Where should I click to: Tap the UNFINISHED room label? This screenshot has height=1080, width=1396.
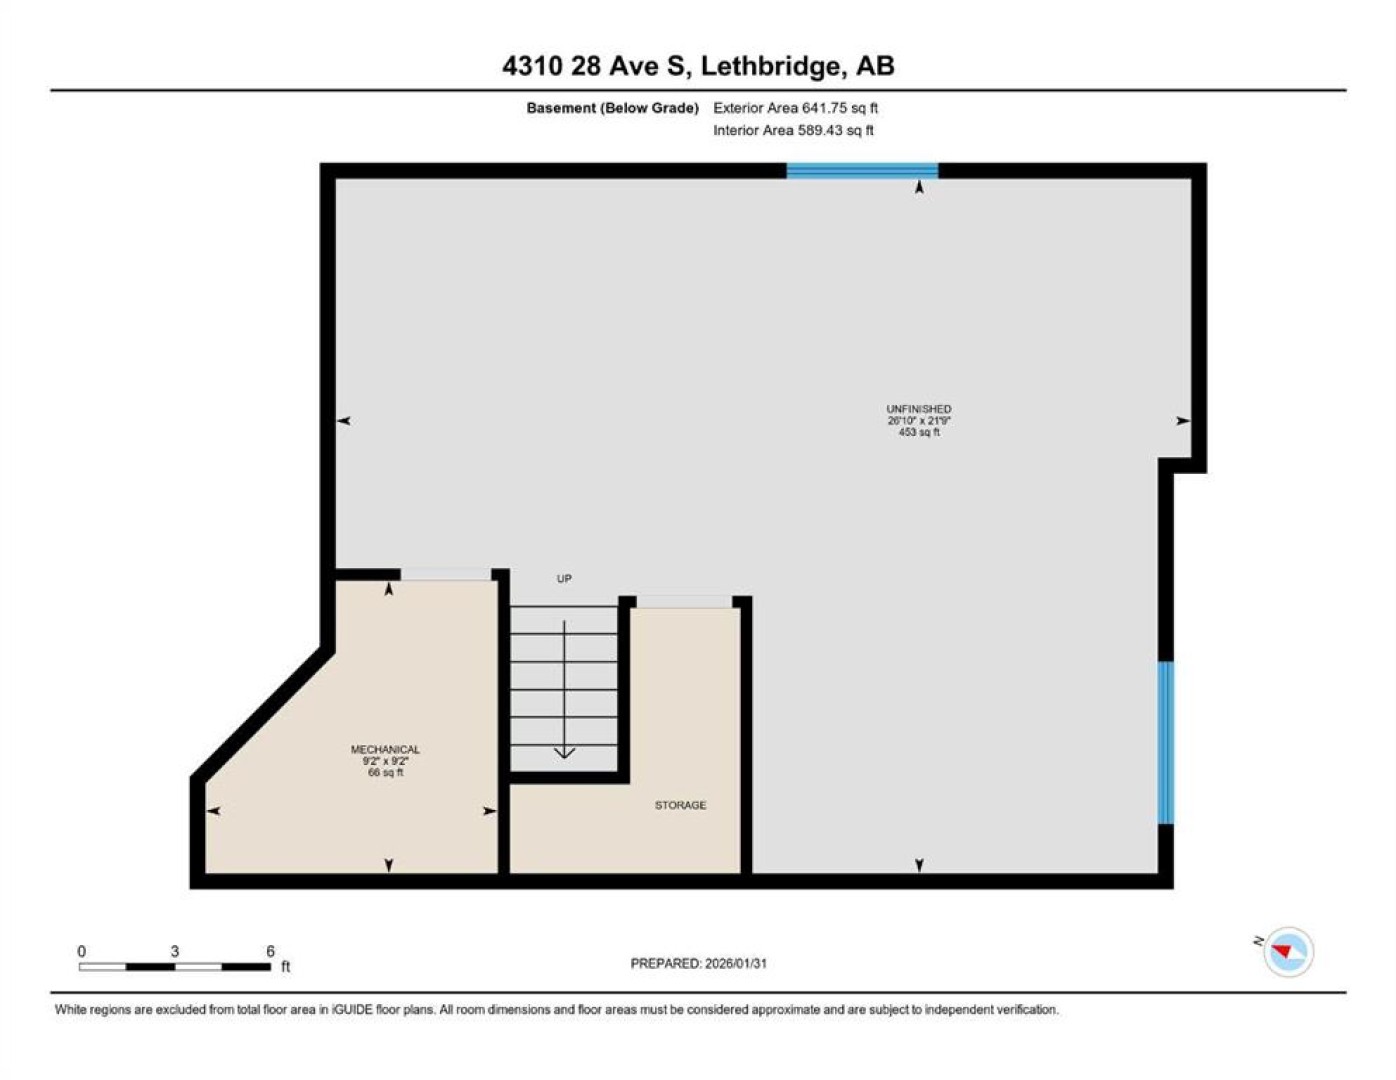(x=919, y=409)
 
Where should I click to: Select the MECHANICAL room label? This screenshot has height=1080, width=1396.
(x=385, y=749)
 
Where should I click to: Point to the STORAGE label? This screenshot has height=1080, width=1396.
(x=680, y=805)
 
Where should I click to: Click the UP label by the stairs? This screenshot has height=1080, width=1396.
(x=563, y=579)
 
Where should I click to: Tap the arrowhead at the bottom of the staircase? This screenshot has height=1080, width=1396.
(x=564, y=752)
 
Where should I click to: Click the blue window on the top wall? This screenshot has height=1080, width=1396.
(x=862, y=171)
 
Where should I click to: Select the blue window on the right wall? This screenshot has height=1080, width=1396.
(x=1165, y=743)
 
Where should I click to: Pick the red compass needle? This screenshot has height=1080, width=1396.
(x=1282, y=951)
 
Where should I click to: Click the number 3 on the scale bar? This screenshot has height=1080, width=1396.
(x=174, y=951)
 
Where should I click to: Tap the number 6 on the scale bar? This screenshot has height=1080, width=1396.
(x=270, y=951)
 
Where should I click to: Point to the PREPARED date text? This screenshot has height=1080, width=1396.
(x=698, y=964)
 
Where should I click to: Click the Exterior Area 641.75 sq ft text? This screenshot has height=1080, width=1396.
(x=795, y=108)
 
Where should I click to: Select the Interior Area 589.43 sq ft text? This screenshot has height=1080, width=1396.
(x=793, y=130)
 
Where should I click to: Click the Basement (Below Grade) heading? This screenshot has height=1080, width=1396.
(x=612, y=108)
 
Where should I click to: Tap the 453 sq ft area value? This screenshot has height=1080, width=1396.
(x=919, y=432)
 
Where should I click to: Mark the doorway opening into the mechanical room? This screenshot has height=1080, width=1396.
(x=446, y=574)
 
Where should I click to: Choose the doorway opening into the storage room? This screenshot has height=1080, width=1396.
(x=684, y=602)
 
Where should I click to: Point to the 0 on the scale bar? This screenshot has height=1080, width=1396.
(x=82, y=951)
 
